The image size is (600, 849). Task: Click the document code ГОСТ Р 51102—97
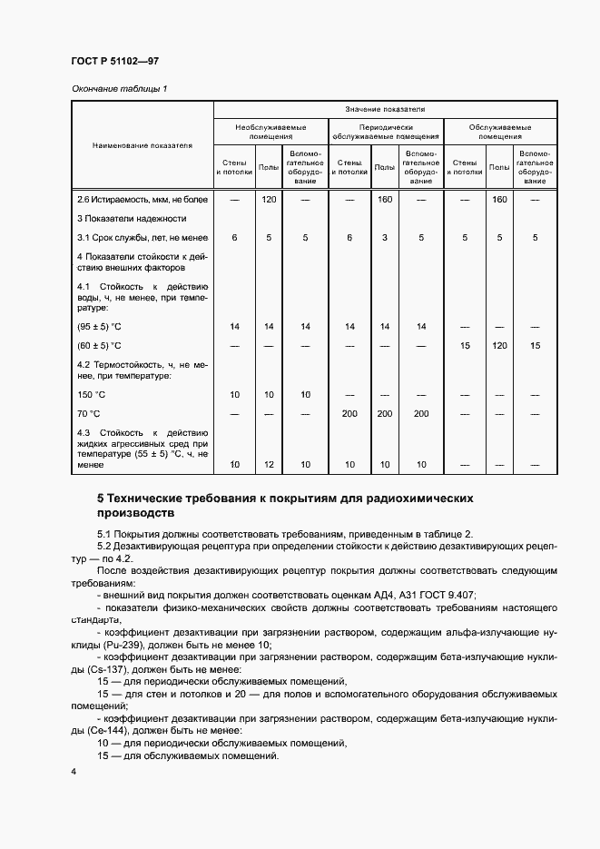tap(108, 61)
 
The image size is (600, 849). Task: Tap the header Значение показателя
tap(385, 109)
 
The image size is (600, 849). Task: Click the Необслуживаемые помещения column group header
tap(270, 133)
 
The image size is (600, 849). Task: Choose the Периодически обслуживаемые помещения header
tap(386, 133)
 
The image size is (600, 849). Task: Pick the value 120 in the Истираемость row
tap(269, 199)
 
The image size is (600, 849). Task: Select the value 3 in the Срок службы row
tap(385, 237)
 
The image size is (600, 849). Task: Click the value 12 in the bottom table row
tap(269, 464)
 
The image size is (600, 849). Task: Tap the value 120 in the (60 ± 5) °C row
tap(498, 346)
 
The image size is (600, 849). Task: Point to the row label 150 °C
tap(92, 394)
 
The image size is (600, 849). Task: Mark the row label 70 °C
tap(89, 412)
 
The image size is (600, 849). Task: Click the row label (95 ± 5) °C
tap(99, 326)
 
